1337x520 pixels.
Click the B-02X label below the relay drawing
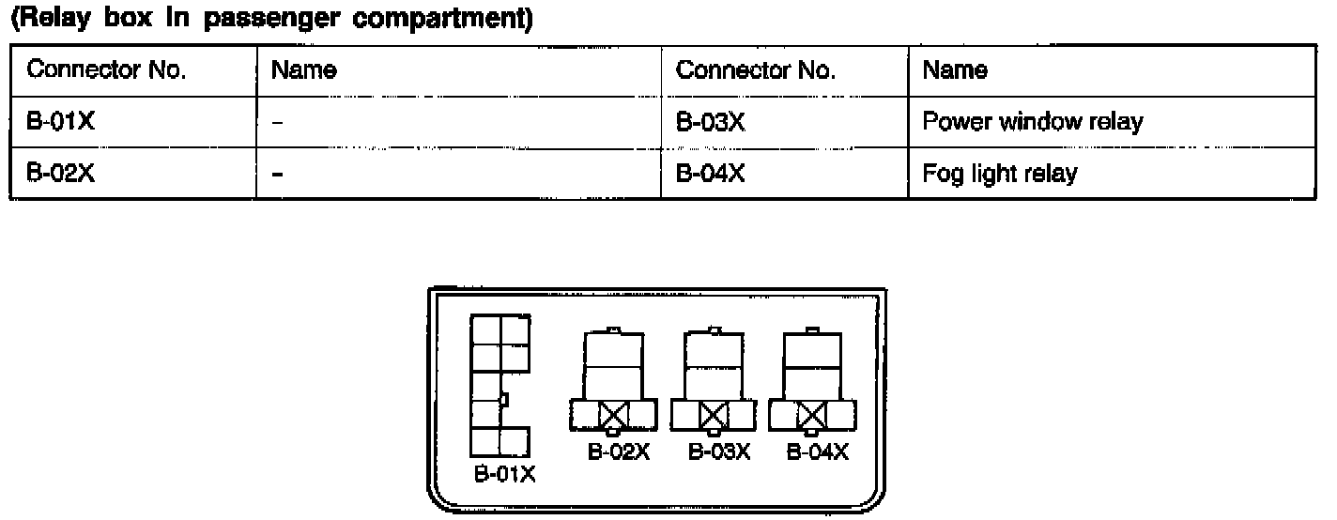619,452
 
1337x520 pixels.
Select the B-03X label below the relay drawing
719,452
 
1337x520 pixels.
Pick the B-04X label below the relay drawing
817,452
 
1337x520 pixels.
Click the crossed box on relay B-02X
614,413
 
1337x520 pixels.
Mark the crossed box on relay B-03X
715,413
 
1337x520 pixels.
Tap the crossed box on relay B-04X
811,413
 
